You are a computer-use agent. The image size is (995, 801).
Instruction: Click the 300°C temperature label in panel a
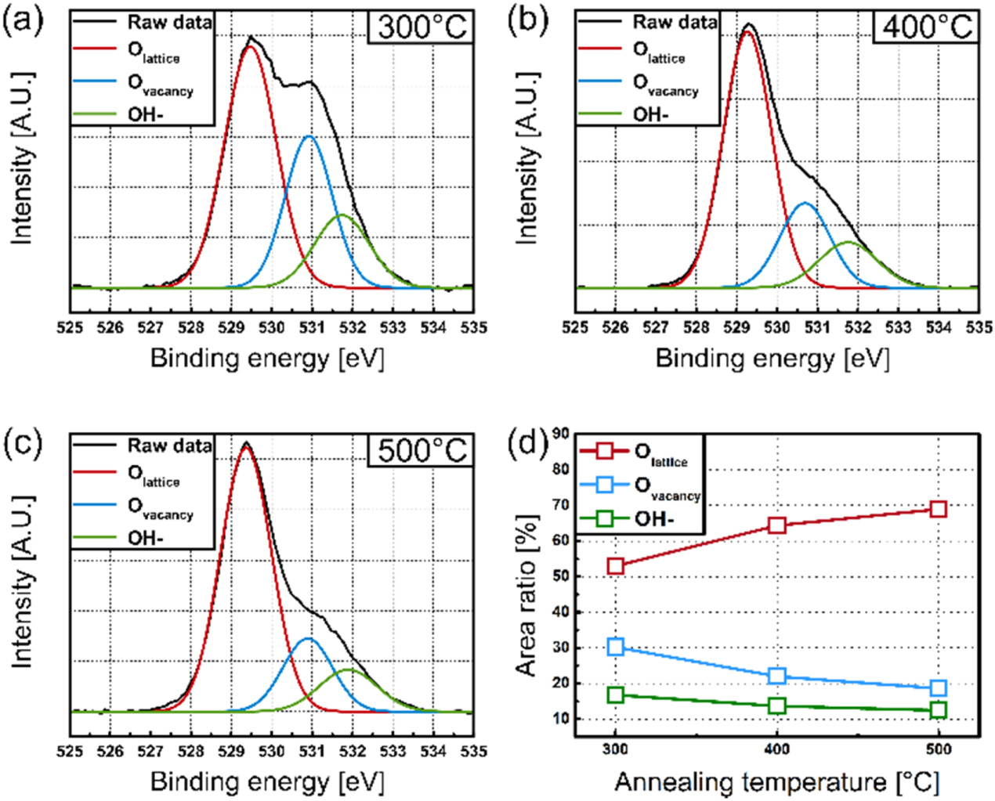tap(422, 27)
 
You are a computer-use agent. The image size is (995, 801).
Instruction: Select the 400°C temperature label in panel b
tap(927, 27)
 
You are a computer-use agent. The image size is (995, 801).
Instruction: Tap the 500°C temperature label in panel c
tap(422, 450)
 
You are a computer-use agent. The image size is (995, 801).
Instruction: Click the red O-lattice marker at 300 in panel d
tap(616, 565)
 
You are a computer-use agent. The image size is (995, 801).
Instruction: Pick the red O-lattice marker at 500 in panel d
tap(938, 509)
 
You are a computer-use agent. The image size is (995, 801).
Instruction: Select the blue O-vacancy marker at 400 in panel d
tap(777, 676)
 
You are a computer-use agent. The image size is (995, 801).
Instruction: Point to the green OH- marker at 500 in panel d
tap(938, 710)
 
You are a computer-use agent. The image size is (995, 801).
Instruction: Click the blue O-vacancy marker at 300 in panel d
tap(616, 647)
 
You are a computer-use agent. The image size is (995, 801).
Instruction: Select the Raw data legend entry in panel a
tap(169, 22)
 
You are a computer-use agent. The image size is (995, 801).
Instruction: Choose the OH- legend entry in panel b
tap(650, 115)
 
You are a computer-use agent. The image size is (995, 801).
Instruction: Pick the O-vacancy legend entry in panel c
tap(160, 508)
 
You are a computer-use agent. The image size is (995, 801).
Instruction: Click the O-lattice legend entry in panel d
tap(660, 453)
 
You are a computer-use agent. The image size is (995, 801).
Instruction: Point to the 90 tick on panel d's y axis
tap(561, 433)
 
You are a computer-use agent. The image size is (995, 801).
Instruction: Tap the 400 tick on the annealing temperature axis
tap(777, 750)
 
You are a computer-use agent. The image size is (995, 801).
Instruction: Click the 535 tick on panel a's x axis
tap(473, 327)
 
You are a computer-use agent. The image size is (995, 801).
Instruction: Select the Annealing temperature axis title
tap(776, 781)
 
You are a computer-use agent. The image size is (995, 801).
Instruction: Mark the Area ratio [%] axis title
tap(527, 595)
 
